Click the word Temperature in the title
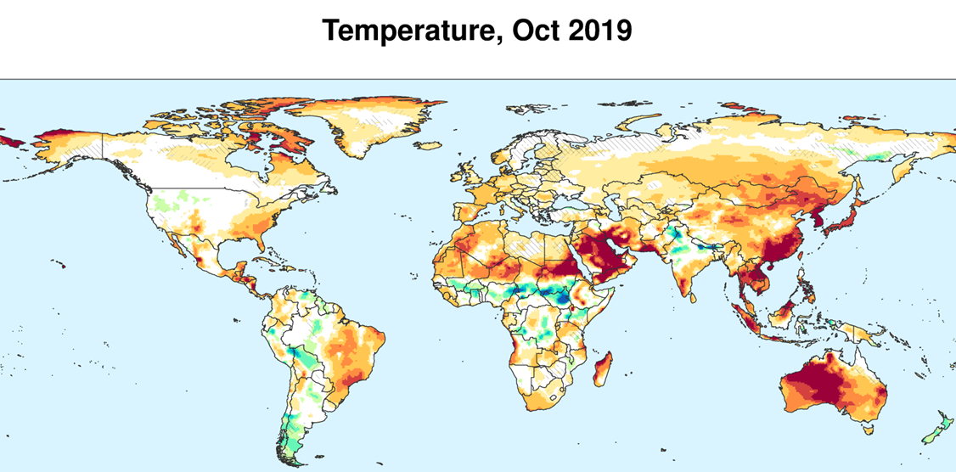tap(409, 31)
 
